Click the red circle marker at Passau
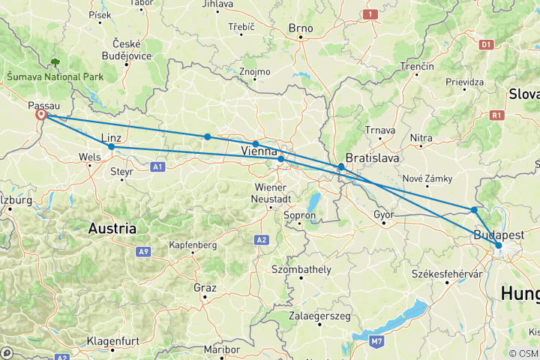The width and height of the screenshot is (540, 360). click(x=42, y=115)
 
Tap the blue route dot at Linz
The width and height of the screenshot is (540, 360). click(x=111, y=146)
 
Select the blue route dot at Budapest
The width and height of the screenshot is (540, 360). click(x=498, y=245)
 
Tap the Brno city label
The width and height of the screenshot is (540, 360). click(x=300, y=28)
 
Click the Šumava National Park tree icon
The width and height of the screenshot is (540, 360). click(x=55, y=63)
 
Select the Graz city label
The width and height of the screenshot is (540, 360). click(x=204, y=287)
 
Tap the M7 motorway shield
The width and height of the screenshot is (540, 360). click(x=378, y=341)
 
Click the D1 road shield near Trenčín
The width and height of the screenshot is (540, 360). click(x=485, y=45)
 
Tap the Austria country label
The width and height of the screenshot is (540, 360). click(x=112, y=227)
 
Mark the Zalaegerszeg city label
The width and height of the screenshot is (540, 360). click(x=319, y=316)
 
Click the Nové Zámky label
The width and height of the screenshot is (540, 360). click(x=426, y=178)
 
